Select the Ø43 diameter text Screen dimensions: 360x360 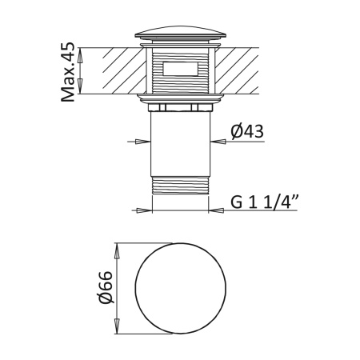[x=248, y=131]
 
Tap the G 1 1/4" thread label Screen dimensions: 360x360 [x=264, y=201]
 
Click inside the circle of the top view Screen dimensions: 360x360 [x=180, y=288]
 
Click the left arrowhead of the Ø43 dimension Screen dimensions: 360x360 [x=142, y=142]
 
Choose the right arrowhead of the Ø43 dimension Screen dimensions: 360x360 [x=218, y=142]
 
